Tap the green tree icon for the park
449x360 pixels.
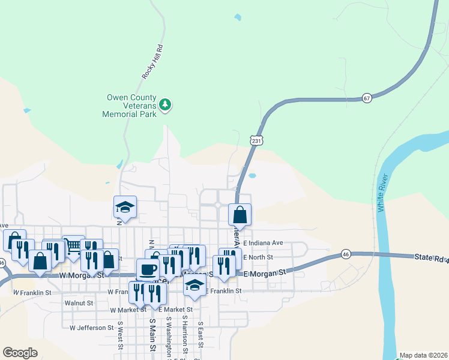coord(165,106)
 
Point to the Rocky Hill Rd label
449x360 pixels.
coord(152,61)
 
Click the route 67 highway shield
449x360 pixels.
coord(366,97)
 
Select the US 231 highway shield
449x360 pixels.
coord(256,140)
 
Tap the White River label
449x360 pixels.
coord(382,192)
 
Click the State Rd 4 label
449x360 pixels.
coord(431,257)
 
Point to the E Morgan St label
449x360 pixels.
coord(262,272)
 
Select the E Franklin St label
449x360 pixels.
coord(223,291)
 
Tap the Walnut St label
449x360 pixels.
coord(79,303)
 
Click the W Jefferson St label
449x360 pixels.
coord(92,328)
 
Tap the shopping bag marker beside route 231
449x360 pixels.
coord(240,214)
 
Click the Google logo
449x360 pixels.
coord(20,353)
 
